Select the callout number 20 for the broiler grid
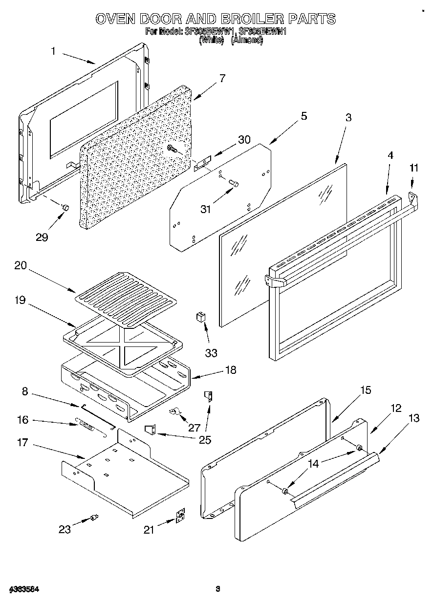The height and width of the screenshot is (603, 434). click(21, 266)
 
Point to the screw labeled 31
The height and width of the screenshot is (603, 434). click(233, 184)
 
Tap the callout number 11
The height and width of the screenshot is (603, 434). click(414, 168)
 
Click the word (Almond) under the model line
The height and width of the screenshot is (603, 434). click(247, 41)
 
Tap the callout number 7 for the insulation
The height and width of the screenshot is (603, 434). click(222, 78)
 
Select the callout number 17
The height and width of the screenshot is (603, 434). click(22, 443)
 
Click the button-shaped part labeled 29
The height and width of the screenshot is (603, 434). click(65, 208)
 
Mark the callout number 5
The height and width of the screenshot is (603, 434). click(304, 116)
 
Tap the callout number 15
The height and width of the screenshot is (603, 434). click(366, 390)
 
